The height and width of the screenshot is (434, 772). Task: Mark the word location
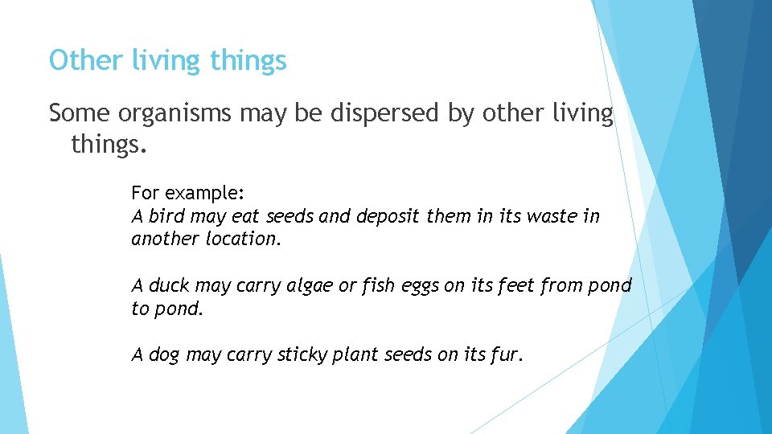pos(244,239)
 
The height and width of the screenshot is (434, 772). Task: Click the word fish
pos(376,285)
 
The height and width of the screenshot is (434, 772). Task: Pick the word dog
pos(164,355)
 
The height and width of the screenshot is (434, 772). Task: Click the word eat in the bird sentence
pos(245,216)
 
